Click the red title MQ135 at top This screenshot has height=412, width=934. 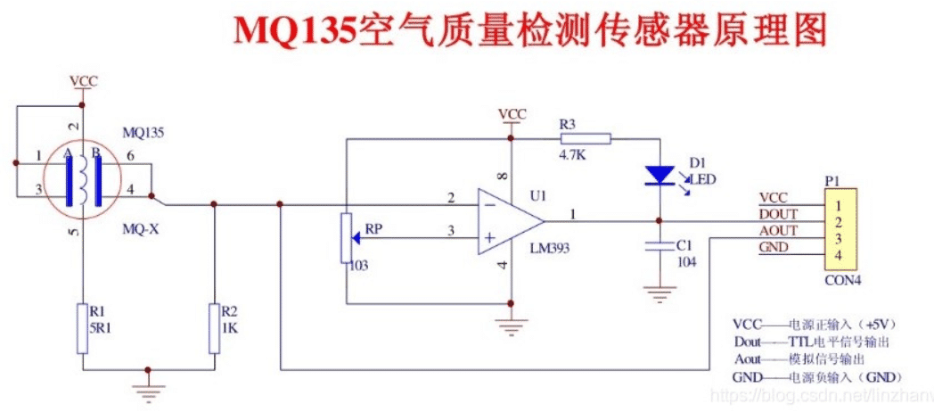click(294, 31)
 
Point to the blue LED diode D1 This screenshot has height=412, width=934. click(659, 175)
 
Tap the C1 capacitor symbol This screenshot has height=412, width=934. click(659, 244)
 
